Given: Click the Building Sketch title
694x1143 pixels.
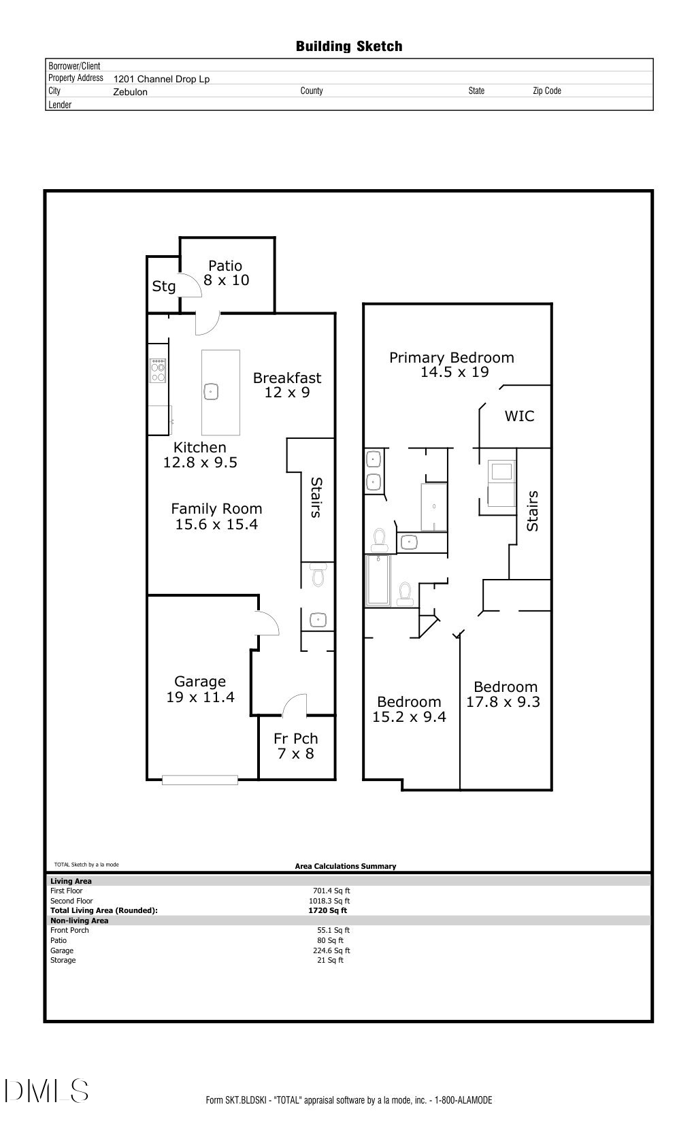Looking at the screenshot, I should pos(348,46).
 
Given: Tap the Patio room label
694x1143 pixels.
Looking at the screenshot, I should pos(225,273).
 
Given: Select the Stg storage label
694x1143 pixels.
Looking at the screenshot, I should pos(163,286).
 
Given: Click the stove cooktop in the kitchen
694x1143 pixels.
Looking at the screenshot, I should pos(158,371).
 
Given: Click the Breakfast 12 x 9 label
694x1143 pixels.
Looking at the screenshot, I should pos(287,385).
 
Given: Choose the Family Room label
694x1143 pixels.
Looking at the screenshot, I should pos(216,516).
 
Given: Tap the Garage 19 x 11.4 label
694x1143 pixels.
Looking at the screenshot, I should pos(200,689).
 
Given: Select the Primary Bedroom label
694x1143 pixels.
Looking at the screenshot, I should pos(452,365).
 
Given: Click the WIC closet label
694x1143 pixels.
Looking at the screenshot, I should pos(519,416).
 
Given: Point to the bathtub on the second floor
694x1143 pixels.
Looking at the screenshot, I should pos(377,580).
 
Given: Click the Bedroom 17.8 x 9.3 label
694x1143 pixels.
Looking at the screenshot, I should pos(504,695).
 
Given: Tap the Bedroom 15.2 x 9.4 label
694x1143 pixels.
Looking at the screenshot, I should pos(409,709).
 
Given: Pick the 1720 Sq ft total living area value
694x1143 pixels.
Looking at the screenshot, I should pos(327,910).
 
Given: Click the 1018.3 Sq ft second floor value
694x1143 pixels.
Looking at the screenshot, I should pos(331,901).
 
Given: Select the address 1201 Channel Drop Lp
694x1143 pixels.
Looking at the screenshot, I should pos(161,79).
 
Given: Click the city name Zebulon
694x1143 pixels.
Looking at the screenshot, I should pos(130,92).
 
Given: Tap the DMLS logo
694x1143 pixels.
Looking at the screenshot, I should pos(46,1090).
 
